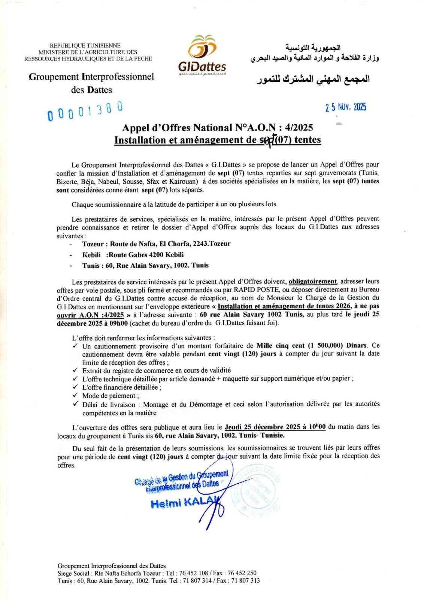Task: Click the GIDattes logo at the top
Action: click(202, 54)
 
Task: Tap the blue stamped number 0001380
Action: click(85, 111)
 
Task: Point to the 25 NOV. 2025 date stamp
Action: click(346, 107)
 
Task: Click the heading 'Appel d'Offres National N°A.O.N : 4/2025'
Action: click(217, 128)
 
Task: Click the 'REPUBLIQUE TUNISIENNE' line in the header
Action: click(85, 45)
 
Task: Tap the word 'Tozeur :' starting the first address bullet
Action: click(95, 244)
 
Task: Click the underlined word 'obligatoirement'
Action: click(313, 281)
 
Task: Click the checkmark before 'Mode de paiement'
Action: click(75, 396)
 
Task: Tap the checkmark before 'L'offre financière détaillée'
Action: click(75, 387)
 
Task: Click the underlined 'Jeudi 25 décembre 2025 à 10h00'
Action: click(275, 427)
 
